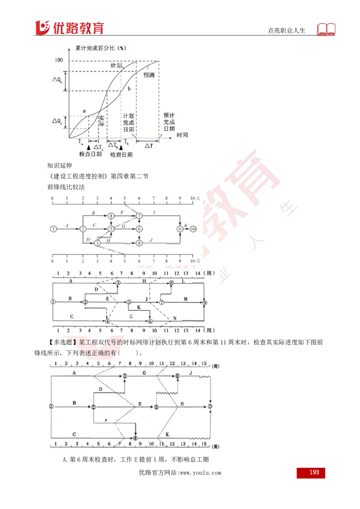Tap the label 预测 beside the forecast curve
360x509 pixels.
coord(149,75)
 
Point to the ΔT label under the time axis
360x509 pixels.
coord(148,145)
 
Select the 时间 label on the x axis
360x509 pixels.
coord(182,135)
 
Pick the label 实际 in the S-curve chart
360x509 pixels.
coord(102,121)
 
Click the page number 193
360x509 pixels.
coord(314,472)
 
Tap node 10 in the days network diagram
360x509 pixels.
coord(193,229)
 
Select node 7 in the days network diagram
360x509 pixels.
coord(139,216)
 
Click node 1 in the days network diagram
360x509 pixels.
coord(54,229)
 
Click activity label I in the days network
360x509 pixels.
coord(154,211)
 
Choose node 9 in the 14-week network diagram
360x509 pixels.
coord(205,303)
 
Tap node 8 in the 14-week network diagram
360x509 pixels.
coord(171,283)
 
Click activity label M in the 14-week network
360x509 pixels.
coord(185,299)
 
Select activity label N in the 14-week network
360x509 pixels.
coord(174,318)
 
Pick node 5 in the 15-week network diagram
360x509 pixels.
coord(156,407)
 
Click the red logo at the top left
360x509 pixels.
coord(69,27)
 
